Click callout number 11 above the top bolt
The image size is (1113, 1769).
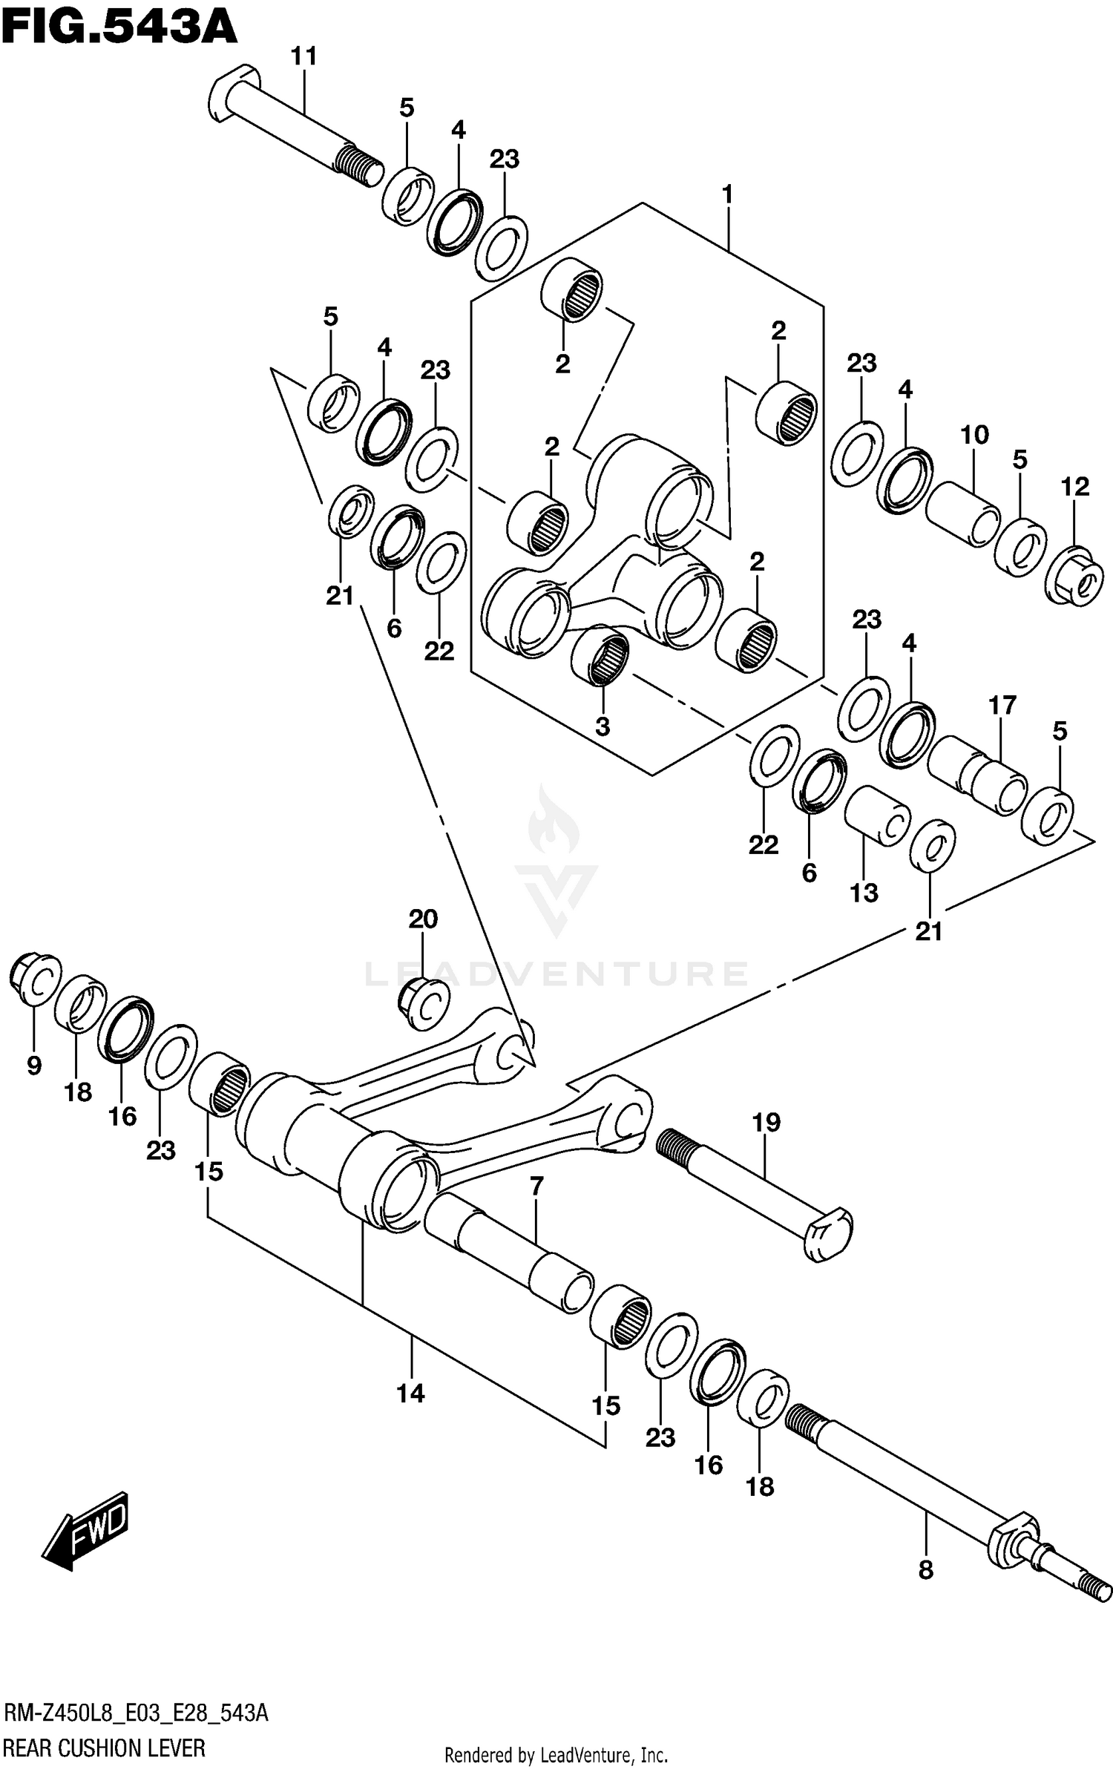303,56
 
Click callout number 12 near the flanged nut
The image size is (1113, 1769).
1075,487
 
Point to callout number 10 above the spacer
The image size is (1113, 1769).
974,435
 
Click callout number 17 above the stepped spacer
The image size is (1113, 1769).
1002,705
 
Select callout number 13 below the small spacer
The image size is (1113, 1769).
864,893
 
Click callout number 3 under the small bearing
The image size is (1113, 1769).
603,726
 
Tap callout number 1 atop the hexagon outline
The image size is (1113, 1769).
727,195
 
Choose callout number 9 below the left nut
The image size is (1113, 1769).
33,1066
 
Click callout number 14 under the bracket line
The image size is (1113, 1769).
410,1394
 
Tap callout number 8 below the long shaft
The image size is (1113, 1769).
925,1570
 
